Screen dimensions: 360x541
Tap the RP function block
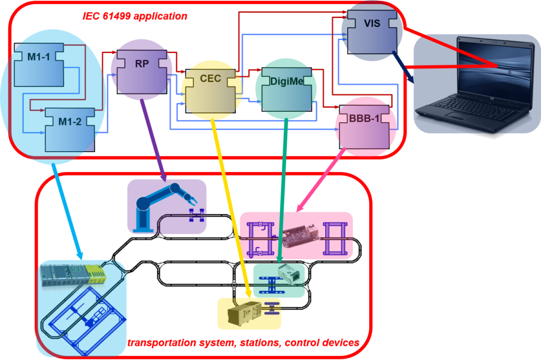[x=142, y=68]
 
